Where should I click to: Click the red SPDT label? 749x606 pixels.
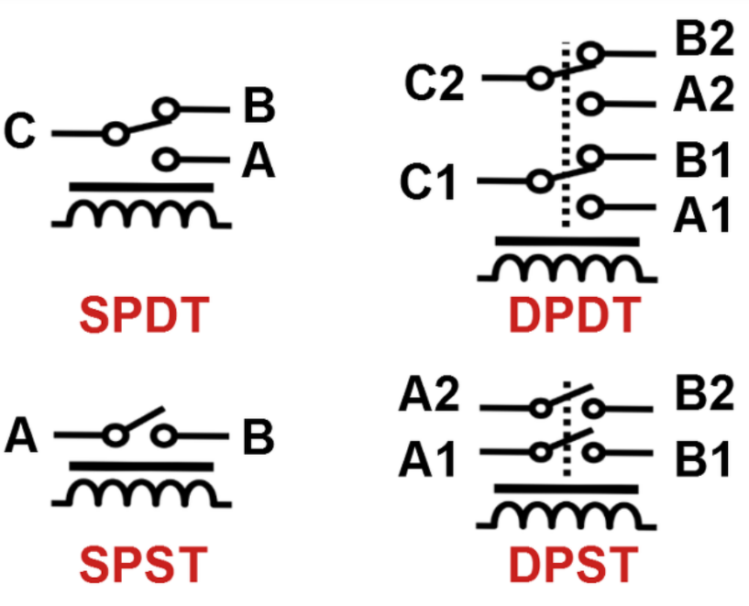coord(144,314)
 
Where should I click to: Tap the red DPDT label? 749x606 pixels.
coord(575,314)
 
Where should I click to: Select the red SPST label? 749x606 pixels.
coord(143,565)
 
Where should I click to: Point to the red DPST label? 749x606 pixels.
coord(574,565)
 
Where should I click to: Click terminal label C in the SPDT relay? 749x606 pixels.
coord(19,130)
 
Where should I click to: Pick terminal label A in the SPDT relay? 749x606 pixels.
coord(259,161)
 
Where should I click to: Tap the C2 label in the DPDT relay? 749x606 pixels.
coord(435,83)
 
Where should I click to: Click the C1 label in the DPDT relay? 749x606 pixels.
coord(428,182)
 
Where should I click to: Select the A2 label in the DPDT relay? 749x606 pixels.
coord(704,94)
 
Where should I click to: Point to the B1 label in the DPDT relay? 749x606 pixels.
coord(702,160)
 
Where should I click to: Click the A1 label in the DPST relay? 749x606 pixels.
coord(427,459)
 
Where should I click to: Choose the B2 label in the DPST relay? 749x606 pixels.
coord(705,393)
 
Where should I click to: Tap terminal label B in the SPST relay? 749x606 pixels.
coord(259,436)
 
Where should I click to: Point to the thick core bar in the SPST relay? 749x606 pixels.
coord(141,467)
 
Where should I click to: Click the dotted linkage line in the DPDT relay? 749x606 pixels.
coord(566,134)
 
